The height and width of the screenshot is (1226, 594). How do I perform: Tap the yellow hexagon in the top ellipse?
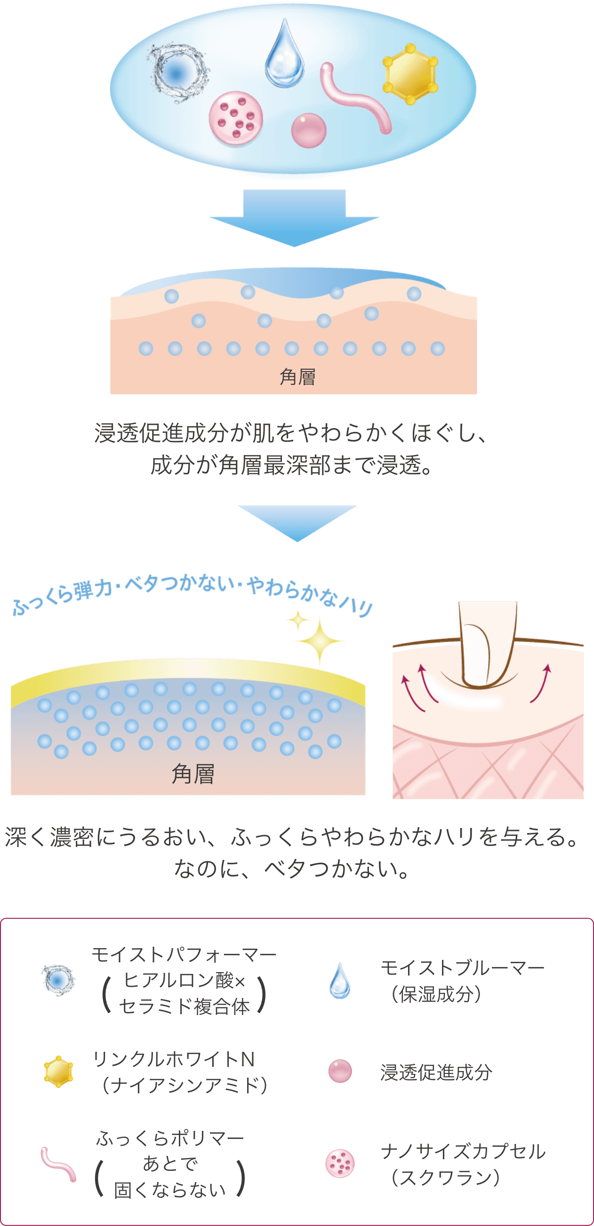(x=410, y=74)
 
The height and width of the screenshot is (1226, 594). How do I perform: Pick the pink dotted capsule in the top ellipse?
(x=236, y=119)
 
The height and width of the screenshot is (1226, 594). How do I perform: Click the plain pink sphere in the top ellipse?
(x=309, y=130)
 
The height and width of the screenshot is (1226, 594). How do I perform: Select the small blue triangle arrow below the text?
(x=297, y=520)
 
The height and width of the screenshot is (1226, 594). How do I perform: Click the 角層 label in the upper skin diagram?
(x=297, y=377)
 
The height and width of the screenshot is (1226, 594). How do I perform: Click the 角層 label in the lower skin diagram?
(x=193, y=774)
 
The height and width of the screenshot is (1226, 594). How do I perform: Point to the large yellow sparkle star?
(x=319, y=641)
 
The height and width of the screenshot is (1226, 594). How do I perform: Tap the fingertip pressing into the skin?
(x=488, y=642)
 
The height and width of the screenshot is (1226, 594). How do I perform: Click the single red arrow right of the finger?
(x=542, y=682)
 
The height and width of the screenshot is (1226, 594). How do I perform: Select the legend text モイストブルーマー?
(x=462, y=967)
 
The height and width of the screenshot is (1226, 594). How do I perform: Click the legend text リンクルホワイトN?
(x=174, y=1059)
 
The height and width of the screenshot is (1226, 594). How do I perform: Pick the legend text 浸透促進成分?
(x=436, y=1072)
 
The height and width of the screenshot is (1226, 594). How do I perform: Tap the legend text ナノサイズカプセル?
(x=463, y=1151)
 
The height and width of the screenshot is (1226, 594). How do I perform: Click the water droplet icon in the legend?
(x=339, y=981)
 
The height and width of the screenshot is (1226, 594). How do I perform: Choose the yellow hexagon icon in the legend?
(x=58, y=1072)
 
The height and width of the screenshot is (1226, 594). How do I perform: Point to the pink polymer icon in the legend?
(x=58, y=1164)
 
